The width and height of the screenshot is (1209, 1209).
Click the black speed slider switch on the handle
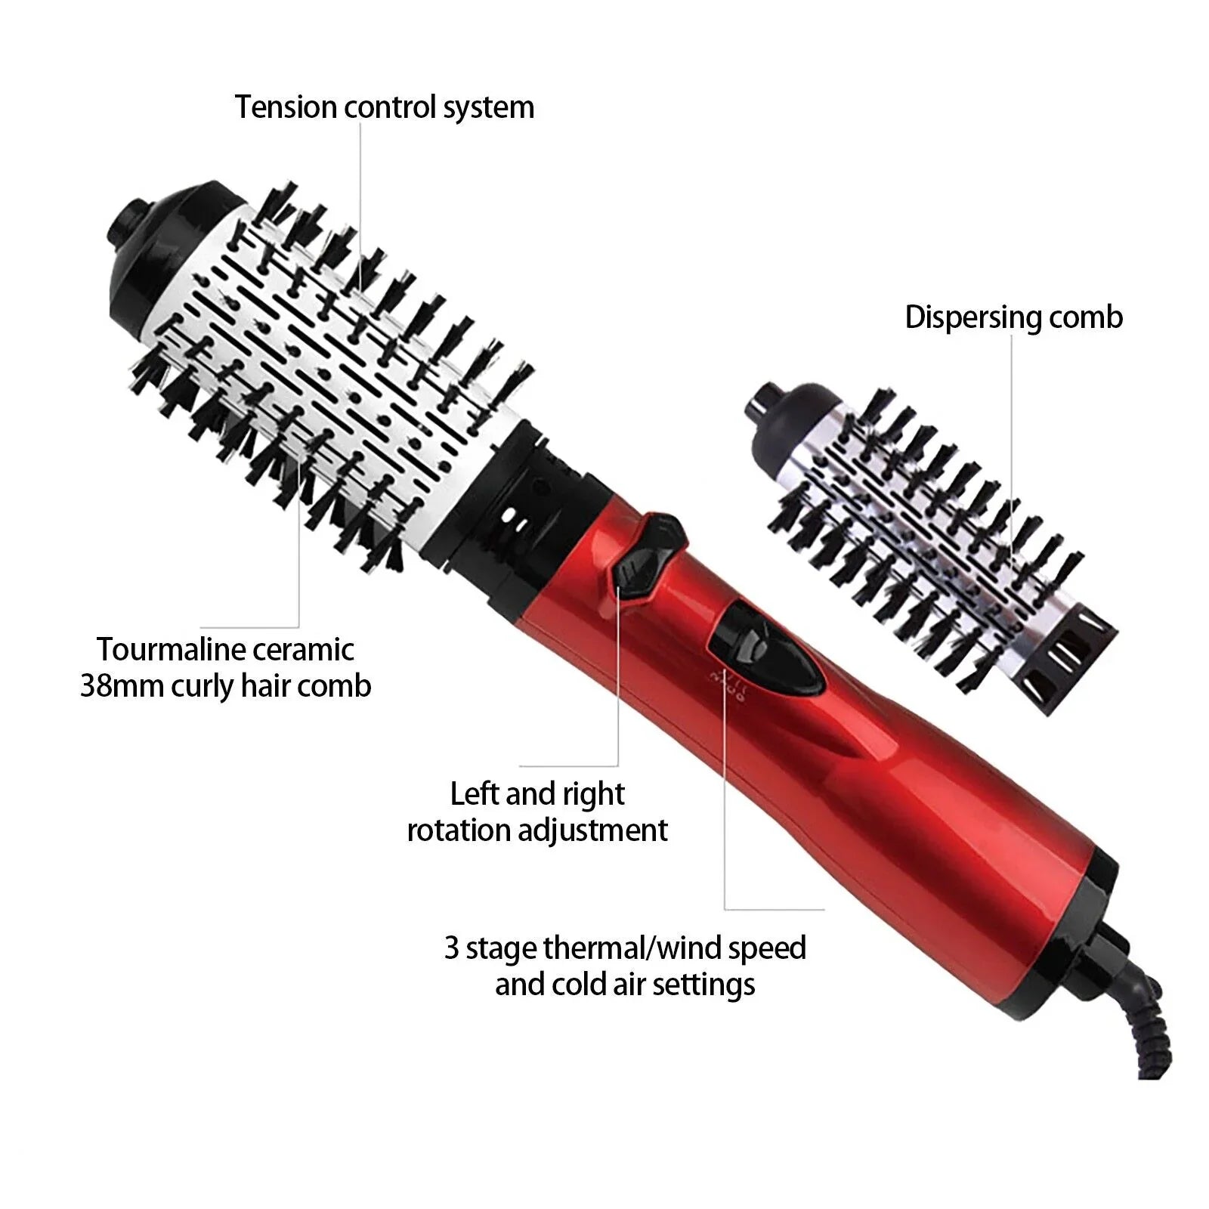click(763, 650)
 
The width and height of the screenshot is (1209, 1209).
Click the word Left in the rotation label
click(474, 793)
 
